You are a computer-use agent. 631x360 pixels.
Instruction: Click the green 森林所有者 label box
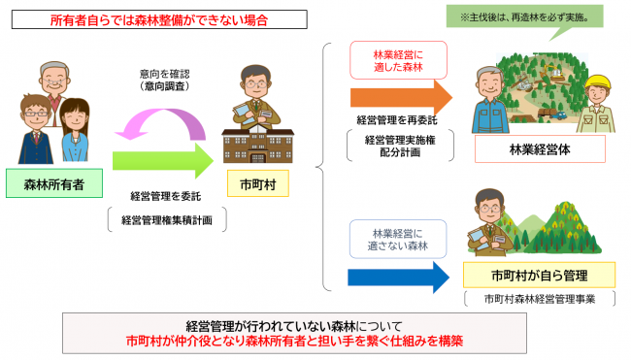pos(54,181)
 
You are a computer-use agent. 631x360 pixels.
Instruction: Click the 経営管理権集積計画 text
pos(167,220)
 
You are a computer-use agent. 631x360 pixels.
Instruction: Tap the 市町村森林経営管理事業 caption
pos(539,299)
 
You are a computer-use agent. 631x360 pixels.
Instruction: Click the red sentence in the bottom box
pos(314,341)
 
